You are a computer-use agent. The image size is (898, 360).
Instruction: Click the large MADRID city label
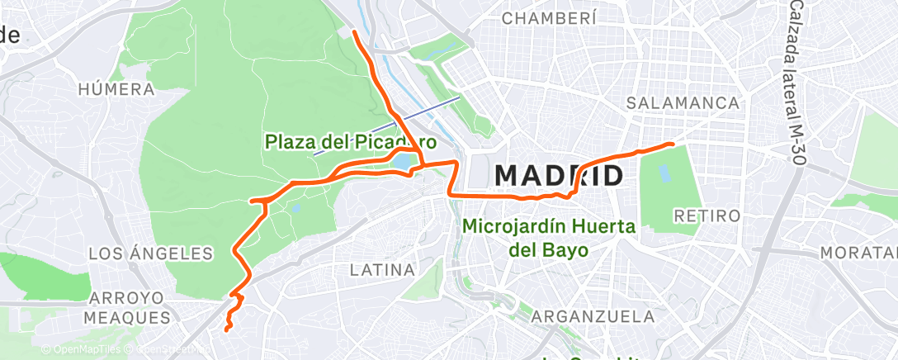(x=558, y=176)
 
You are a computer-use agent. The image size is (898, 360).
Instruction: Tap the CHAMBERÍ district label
(x=548, y=18)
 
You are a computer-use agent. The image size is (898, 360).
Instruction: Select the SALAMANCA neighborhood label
(x=682, y=103)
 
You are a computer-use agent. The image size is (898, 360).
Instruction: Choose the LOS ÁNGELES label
(x=151, y=253)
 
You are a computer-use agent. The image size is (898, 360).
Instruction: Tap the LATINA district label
(x=381, y=270)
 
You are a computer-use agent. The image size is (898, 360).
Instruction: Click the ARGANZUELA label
(x=593, y=316)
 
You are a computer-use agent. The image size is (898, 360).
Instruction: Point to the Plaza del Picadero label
(x=351, y=142)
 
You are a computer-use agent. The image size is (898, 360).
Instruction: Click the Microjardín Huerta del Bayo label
(x=549, y=236)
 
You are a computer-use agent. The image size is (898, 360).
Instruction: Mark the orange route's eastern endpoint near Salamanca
(x=673, y=144)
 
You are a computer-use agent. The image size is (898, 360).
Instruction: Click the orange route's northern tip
(x=354, y=31)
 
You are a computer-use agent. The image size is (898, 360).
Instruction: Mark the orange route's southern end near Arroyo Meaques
(x=226, y=330)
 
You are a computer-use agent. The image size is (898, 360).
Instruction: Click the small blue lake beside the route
(x=404, y=162)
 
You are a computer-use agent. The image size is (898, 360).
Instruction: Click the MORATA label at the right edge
(x=867, y=249)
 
